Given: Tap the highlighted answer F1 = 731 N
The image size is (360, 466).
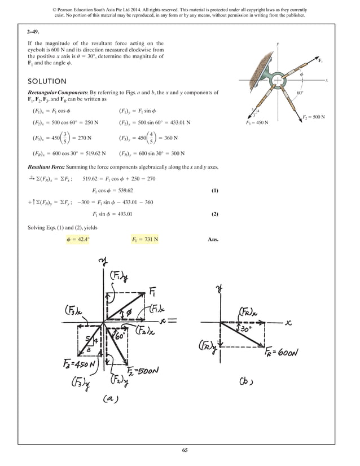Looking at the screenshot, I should pyautogui.click(x=145, y=239).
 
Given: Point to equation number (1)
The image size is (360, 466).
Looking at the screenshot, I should pyautogui.click(x=214, y=191).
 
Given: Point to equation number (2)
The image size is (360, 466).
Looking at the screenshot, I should pyautogui.click(x=214, y=214).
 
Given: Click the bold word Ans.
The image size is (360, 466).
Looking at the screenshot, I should pyautogui.click(x=213, y=239).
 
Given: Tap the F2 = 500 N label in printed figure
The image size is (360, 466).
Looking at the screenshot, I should pyautogui.click(x=314, y=117).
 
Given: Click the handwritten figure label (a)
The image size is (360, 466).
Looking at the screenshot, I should pyautogui.click(x=110, y=399).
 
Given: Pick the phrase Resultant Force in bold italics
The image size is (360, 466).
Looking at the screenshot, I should pyautogui.click(x=49, y=168).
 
